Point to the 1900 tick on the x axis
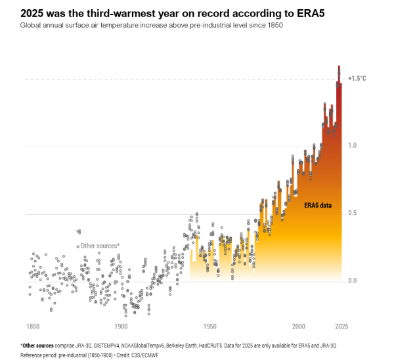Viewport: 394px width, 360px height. click(x=121, y=326)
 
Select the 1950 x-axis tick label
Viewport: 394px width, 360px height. click(x=210, y=326)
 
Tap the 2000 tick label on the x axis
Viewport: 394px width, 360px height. click(x=299, y=326)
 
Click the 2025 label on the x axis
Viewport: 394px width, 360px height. click(x=341, y=326)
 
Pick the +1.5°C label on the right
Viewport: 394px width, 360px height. click(x=357, y=78)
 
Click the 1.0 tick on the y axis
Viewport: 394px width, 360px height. click(x=353, y=145)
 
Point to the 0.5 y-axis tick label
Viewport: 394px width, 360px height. click(x=353, y=213)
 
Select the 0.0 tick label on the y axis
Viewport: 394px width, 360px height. click(x=353, y=281)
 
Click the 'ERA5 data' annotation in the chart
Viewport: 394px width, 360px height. click(x=318, y=205)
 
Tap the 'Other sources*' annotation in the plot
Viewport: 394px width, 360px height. click(x=100, y=246)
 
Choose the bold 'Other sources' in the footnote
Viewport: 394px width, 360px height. click(x=37, y=346)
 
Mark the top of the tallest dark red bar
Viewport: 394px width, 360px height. click(x=339, y=66)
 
